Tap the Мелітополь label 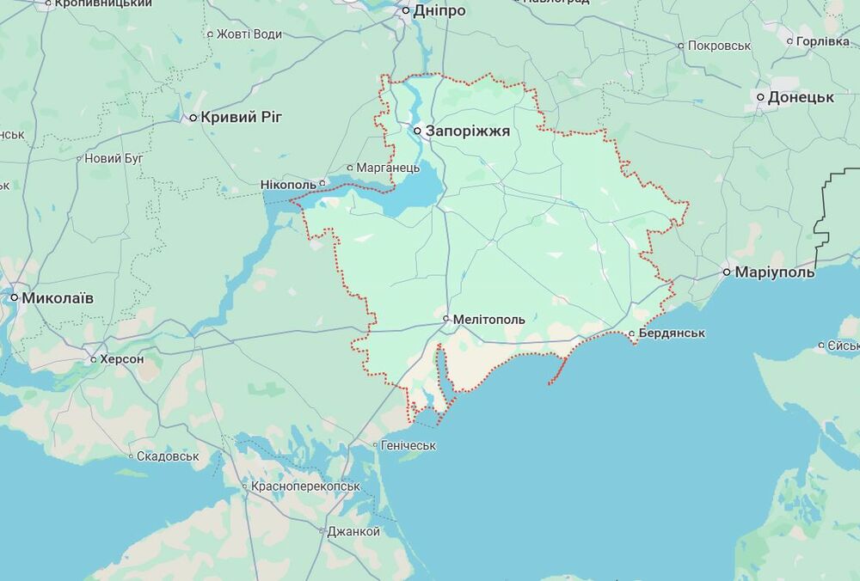pyautogui.click(x=488, y=319)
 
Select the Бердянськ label pyautogui.click(x=673, y=333)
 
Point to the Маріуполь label pyautogui.click(x=774, y=272)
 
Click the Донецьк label pyautogui.click(x=801, y=97)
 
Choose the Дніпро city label pyautogui.click(x=439, y=11)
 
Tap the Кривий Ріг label pyautogui.click(x=241, y=117)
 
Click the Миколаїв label pyautogui.click(x=58, y=297)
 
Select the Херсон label pyautogui.click(x=122, y=358)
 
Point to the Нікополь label pyautogui.click(x=288, y=184)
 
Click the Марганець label pyautogui.click(x=389, y=168)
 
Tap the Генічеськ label pyautogui.click(x=408, y=445)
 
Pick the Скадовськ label pyautogui.click(x=169, y=456)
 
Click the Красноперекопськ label pyautogui.click(x=305, y=486)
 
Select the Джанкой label pyautogui.click(x=353, y=531)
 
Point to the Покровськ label pyautogui.click(x=720, y=46)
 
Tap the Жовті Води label pyautogui.click(x=249, y=34)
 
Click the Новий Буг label pyautogui.click(x=114, y=158)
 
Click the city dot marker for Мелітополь pyautogui.click(x=446, y=319)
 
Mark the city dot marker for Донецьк pyautogui.click(x=761, y=97)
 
